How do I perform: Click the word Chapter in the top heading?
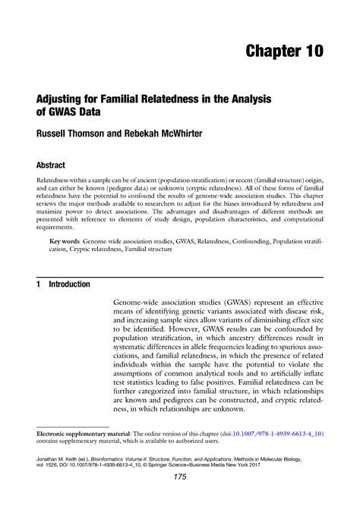pos(268,52)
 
